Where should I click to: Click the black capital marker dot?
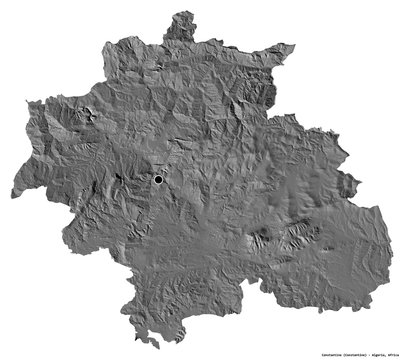pyautogui.click(x=158, y=179)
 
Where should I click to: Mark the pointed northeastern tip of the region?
pyautogui.click(x=294, y=45)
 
